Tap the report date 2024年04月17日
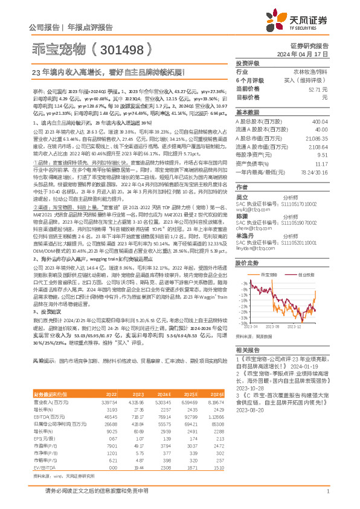[307, 54]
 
